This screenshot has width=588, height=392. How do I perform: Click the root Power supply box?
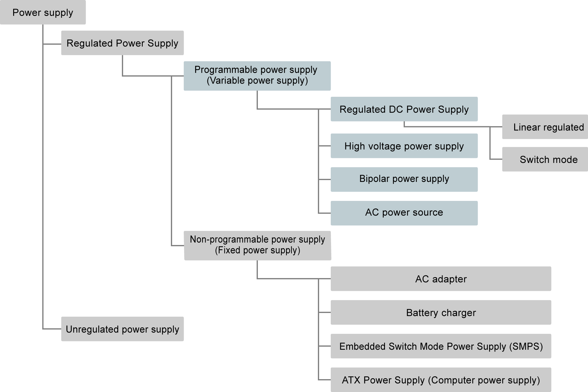(x=43, y=12)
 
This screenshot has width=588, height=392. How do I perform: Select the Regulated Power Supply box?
(x=122, y=43)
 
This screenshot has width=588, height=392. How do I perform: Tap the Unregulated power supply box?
(x=122, y=329)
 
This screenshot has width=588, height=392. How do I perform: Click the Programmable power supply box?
(x=257, y=76)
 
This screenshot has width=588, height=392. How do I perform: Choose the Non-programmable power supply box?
(x=257, y=245)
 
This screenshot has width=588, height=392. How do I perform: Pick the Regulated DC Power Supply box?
(x=404, y=109)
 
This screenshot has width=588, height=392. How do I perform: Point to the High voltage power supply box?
(x=404, y=146)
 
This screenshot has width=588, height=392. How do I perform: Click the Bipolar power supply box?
(x=404, y=179)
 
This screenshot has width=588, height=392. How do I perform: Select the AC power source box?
(x=404, y=213)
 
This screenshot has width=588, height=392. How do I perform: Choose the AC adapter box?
(x=441, y=279)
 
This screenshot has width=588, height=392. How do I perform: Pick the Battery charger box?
(x=441, y=312)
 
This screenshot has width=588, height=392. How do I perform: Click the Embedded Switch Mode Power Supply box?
(x=441, y=346)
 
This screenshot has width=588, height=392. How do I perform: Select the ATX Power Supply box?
(x=441, y=380)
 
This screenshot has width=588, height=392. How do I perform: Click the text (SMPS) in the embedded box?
(x=526, y=346)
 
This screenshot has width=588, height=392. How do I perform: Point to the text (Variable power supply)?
(x=257, y=81)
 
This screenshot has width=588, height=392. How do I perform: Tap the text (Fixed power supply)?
(x=257, y=250)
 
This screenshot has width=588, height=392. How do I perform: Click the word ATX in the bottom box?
(x=351, y=380)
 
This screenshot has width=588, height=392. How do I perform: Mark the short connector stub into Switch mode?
(x=496, y=159)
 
